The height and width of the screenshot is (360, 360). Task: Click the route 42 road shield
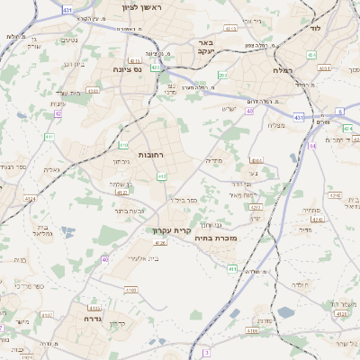[x=58, y=114]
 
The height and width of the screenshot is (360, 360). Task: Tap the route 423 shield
[x=157, y=67]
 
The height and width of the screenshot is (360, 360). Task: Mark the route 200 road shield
[x=222, y=75]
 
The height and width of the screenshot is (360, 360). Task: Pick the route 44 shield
[x=312, y=145]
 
